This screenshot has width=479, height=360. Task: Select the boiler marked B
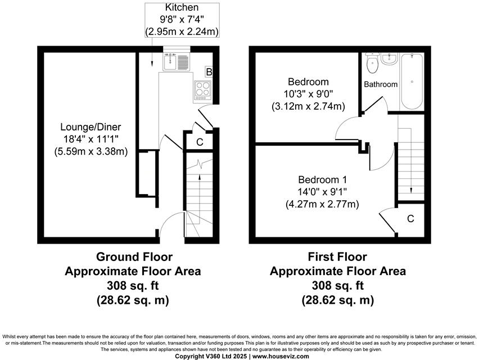[209, 72]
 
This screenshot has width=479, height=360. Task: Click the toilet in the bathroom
[372, 64]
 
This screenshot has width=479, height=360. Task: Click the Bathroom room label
[381, 84]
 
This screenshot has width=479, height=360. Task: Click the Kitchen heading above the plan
[182, 7]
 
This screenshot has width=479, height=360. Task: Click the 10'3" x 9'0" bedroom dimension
[308, 93]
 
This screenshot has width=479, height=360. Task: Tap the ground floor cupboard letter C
[199, 142]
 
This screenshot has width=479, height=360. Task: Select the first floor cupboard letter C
[410, 218]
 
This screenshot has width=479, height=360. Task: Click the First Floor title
[337, 257]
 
